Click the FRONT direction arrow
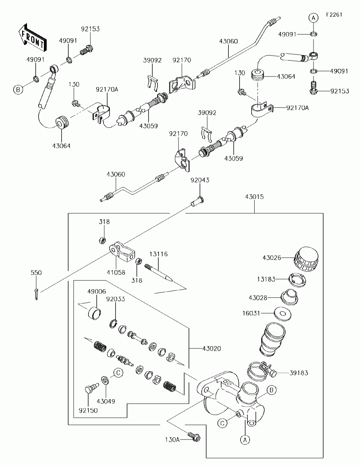click(x=32, y=37)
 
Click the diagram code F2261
click(x=334, y=15)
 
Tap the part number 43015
click(x=254, y=196)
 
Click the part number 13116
click(x=158, y=254)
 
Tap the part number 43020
click(x=211, y=349)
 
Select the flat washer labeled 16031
click(x=283, y=314)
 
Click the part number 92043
click(x=200, y=180)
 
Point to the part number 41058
click(x=116, y=272)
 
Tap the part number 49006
click(x=96, y=291)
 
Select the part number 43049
click(x=106, y=402)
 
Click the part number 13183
click(x=266, y=279)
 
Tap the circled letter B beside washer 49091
click(x=18, y=90)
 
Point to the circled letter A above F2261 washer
click(x=313, y=18)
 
